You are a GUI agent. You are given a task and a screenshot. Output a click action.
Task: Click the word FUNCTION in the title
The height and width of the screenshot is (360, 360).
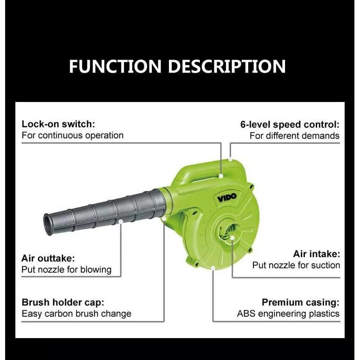coord(115,66)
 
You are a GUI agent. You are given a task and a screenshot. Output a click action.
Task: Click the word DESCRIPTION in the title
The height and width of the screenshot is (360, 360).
coord(227,66)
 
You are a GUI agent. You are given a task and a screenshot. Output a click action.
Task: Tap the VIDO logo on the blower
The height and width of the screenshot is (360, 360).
coord(227,197)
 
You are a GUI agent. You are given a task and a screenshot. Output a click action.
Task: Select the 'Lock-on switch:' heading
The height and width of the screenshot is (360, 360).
coord(58,124)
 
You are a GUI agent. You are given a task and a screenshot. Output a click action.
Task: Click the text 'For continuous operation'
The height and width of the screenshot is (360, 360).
coord(73,136)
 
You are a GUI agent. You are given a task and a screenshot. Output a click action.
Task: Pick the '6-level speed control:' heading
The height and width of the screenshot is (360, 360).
coord(290,125)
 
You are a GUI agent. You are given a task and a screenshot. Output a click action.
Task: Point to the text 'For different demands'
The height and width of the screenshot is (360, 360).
coord(294,136)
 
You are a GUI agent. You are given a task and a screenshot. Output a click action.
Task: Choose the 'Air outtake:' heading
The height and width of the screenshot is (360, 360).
coord(48,258)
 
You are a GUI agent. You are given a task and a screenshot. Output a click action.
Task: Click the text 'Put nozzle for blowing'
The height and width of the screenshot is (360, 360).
coord(67,270)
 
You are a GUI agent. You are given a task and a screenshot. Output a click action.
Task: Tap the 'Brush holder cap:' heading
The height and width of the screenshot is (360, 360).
coord(63,303)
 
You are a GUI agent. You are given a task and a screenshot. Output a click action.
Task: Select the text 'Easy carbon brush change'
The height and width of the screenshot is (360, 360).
coord(77,314)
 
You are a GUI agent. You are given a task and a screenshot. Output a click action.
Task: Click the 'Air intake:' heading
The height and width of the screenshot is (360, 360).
coord(317,254)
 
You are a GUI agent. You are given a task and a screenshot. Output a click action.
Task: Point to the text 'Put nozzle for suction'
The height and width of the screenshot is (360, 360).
coord(296,265)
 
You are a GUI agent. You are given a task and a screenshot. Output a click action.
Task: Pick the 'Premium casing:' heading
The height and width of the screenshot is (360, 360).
coord(300,303)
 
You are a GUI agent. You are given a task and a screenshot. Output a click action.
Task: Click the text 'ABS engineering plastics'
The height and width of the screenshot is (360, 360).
coord(288,314)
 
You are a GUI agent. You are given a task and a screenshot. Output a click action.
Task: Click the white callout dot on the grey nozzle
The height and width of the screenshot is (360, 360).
coord(121,221)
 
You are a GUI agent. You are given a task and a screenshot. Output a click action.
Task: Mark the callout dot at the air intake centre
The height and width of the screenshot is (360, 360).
coord(232,238)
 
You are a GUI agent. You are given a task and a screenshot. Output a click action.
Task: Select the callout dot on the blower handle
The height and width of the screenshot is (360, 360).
coord(221,176)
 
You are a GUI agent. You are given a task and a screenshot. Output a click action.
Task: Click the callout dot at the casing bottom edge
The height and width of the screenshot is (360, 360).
coord(213,268)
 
